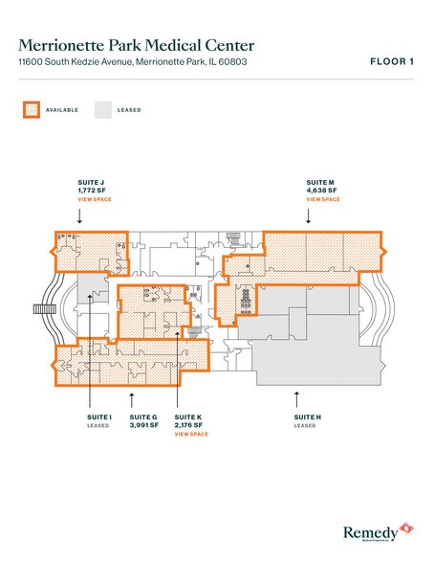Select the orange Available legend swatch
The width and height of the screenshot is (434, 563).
click(x=30, y=109)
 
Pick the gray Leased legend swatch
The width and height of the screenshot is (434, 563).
click(x=102, y=109)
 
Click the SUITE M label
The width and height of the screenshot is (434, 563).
click(x=320, y=181)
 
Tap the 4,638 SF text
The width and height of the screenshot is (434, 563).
click(x=322, y=190)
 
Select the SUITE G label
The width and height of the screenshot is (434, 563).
click(x=143, y=417)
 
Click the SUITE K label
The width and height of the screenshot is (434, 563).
click(x=188, y=417)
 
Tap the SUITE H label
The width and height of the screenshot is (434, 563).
click(x=306, y=417)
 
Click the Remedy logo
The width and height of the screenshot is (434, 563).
click(x=379, y=532)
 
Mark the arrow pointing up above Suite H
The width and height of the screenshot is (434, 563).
click(x=297, y=394)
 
